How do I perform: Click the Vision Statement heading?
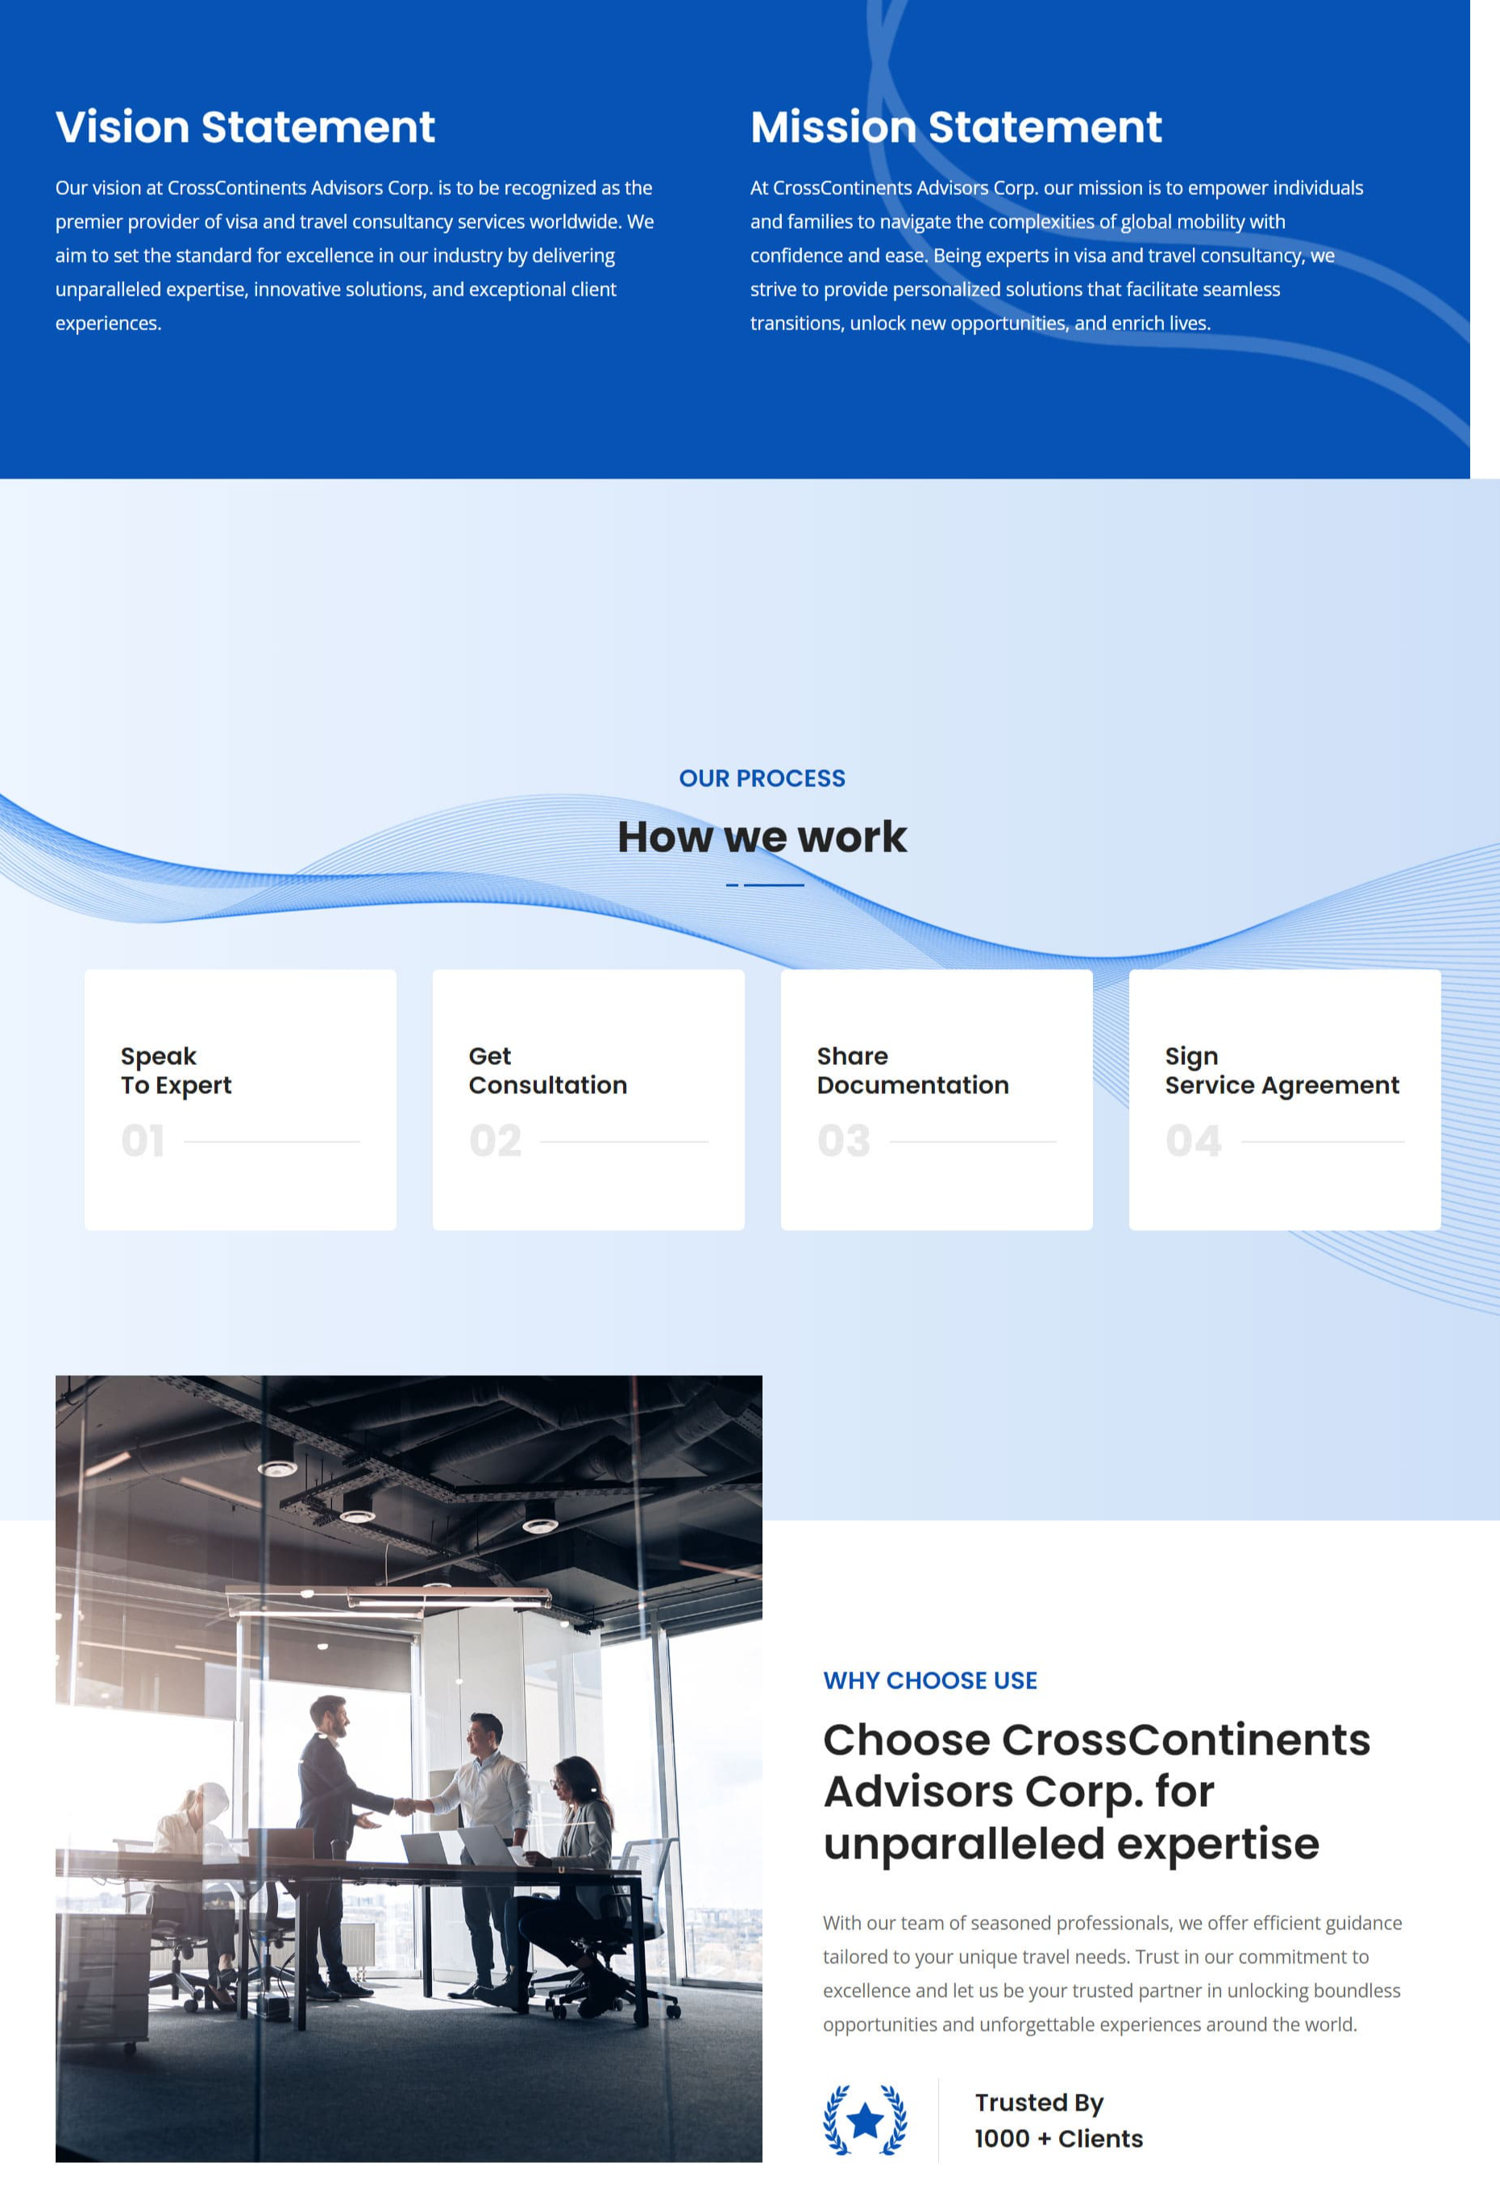(x=245, y=127)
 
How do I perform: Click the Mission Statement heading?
(x=956, y=127)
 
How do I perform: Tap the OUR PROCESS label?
(x=762, y=777)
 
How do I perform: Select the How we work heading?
(x=762, y=836)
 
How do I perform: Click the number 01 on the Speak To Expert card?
(x=143, y=1141)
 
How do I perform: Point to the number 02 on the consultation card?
(x=495, y=1141)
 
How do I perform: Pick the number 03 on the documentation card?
(x=844, y=1141)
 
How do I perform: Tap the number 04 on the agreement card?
(x=1193, y=1141)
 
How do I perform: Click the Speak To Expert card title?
(x=176, y=1070)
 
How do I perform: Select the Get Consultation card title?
(x=547, y=1070)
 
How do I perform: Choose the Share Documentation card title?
(x=912, y=1070)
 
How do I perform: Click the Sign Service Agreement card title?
(x=1281, y=1070)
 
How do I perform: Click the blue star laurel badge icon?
(x=865, y=2119)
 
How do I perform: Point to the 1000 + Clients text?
(x=1058, y=2138)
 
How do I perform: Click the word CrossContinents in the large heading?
(x=1186, y=1739)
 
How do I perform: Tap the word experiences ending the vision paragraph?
(x=108, y=323)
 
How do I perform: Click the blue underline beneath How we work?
(x=765, y=885)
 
